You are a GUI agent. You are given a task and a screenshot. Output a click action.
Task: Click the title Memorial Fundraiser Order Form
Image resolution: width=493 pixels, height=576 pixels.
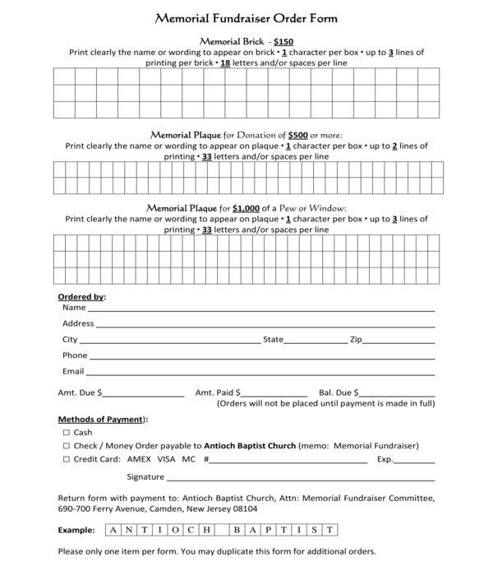pos(246,18)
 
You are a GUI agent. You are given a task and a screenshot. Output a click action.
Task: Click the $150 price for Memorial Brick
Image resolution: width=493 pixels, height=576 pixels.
pos(283,40)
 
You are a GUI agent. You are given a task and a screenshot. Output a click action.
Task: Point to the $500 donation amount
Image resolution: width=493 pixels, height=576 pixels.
pos(298,135)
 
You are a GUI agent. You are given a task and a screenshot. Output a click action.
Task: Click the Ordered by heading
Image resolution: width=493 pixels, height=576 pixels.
pos(81,297)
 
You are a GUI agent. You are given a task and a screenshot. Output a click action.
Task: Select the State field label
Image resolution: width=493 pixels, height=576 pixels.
pos(273,339)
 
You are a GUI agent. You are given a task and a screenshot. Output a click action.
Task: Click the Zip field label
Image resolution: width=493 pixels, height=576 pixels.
pos(356,339)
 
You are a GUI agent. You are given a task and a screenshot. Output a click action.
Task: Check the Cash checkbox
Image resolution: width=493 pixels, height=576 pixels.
pos(66,433)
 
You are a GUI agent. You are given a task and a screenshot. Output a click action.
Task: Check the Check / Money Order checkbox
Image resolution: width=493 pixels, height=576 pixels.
pos(66,446)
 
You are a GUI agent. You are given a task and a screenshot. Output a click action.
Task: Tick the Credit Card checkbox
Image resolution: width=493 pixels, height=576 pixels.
pos(66,460)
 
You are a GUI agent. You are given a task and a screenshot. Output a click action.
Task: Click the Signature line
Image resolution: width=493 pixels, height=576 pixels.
pos(301,478)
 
